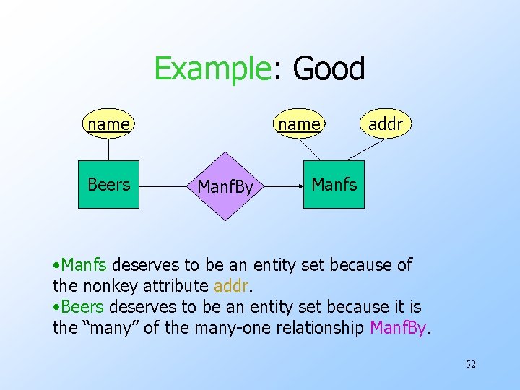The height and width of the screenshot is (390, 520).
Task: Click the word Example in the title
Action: click(x=211, y=69)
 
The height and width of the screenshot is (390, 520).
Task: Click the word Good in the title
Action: click(x=329, y=69)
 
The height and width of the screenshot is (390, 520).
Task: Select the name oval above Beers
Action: click(x=108, y=124)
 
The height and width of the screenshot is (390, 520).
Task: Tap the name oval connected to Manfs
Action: click(x=299, y=124)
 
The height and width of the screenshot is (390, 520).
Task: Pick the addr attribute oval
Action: click(x=385, y=124)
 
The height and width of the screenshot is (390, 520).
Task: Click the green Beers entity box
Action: click(x=108, y=184)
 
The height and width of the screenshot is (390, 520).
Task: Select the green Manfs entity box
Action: click(x=334, y=184)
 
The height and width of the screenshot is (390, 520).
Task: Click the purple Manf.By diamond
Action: click(x=225, y=186)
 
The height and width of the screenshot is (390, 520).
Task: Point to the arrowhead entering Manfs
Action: click(x=298, y=186)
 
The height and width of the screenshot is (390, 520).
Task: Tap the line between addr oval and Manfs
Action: click(x=366, y=148)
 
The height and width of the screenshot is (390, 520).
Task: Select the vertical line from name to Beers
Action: click(x=108, y=149)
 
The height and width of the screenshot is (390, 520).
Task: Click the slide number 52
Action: click(x=470, y=364)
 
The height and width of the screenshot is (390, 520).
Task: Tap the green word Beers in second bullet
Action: click(x=84, y=307)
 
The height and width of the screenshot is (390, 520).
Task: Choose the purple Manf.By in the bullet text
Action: click(x=399, y=328)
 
